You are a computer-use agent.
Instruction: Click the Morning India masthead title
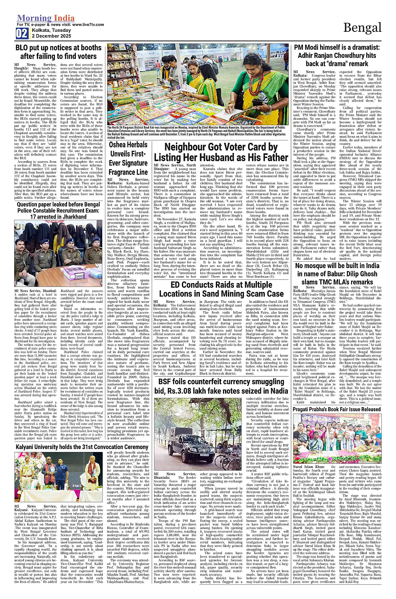[x=46, y=18]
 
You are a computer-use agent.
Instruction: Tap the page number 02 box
[x=22, y=34]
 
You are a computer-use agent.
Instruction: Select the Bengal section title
[x=362, y=28]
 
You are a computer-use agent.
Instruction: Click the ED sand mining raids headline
[x=221, y=289]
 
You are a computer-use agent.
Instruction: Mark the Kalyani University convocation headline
[x=82, y=447]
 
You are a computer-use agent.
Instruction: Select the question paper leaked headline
[x=59, y=210]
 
